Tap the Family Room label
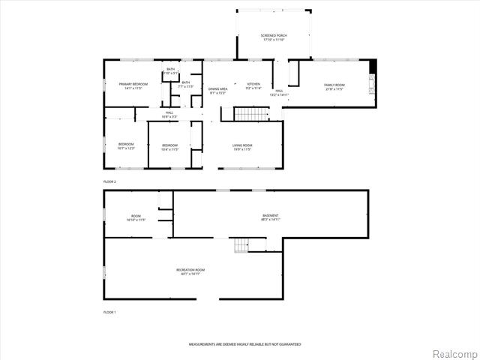tap(334, 87)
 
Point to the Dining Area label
tap(218, 91)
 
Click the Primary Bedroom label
tap(133, 86)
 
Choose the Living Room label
tap(241, 147)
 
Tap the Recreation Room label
tap(190, 271)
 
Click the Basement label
tap(270, 217)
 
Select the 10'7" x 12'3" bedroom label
tap(125, 146)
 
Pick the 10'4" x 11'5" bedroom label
tap(169, 147)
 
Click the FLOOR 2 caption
tap(109, 181)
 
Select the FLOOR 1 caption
tap(109, 311)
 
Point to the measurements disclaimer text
tap(244, 344)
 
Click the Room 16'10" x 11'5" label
tap(136, 218)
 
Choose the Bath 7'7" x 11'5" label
tap(185, 85)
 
